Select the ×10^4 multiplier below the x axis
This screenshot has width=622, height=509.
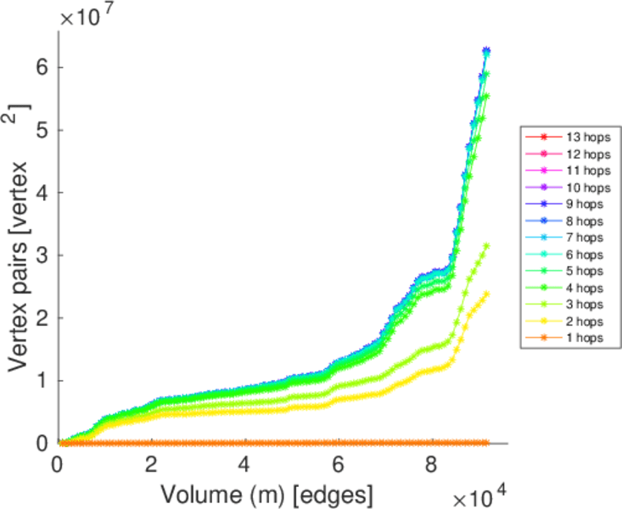(480, 494)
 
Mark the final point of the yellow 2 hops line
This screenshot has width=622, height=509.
(486, 294)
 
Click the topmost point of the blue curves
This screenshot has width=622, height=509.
(486, 51)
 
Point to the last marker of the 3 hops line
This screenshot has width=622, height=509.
(486, 246)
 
